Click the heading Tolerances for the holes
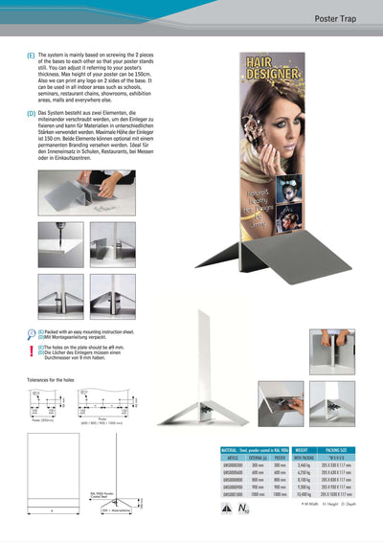(x=50, y=379)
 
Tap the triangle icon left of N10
(x=227, y=508)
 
